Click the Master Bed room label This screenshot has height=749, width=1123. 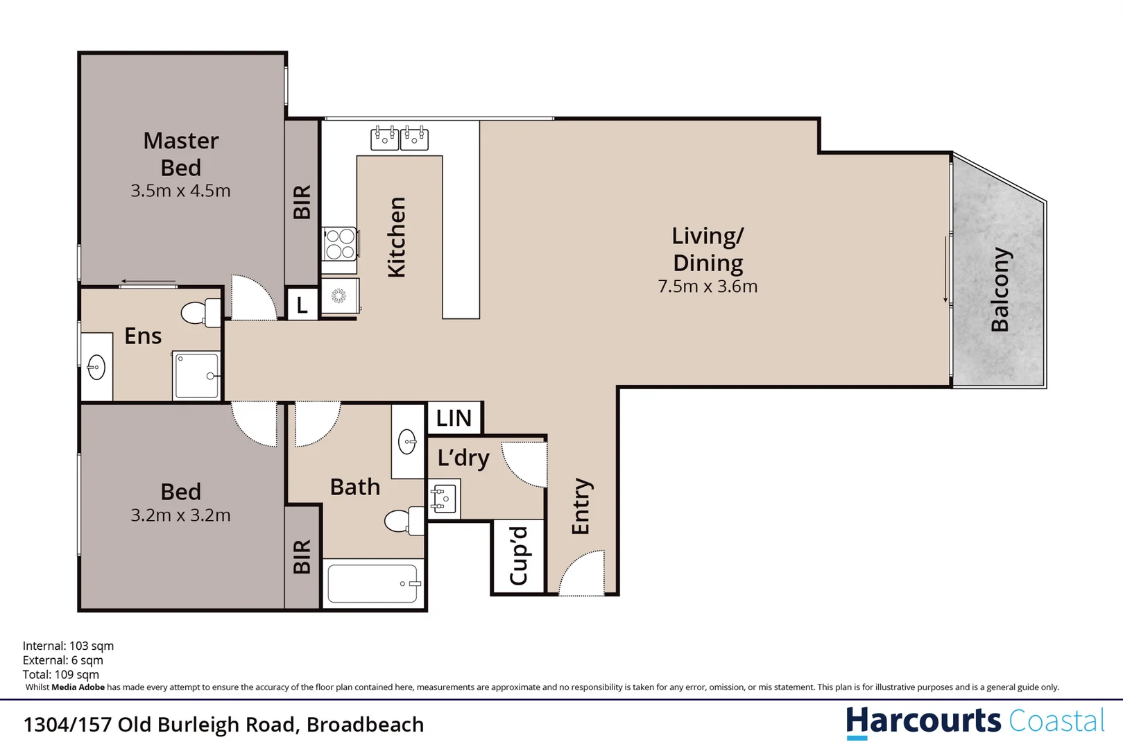[180, 154]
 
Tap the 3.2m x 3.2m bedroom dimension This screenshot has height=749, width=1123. [180, 515]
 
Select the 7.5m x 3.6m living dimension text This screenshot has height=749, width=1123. [708, 286]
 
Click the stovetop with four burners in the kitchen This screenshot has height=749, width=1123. [340, 244]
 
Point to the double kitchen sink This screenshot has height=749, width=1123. [399, 138]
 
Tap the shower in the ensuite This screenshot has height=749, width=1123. [197, 376]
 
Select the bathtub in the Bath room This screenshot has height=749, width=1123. [373, 583]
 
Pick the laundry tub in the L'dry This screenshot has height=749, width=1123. [443, 499]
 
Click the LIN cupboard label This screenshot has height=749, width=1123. [454, 418]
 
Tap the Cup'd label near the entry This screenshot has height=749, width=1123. [519, 556]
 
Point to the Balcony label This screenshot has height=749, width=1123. [1000, 290]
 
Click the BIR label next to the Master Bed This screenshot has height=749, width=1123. [302, 202]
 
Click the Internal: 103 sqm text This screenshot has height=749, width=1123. [68, 646]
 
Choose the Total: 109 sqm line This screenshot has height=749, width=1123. [61, 674]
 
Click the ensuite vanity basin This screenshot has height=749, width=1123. [96, 368]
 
